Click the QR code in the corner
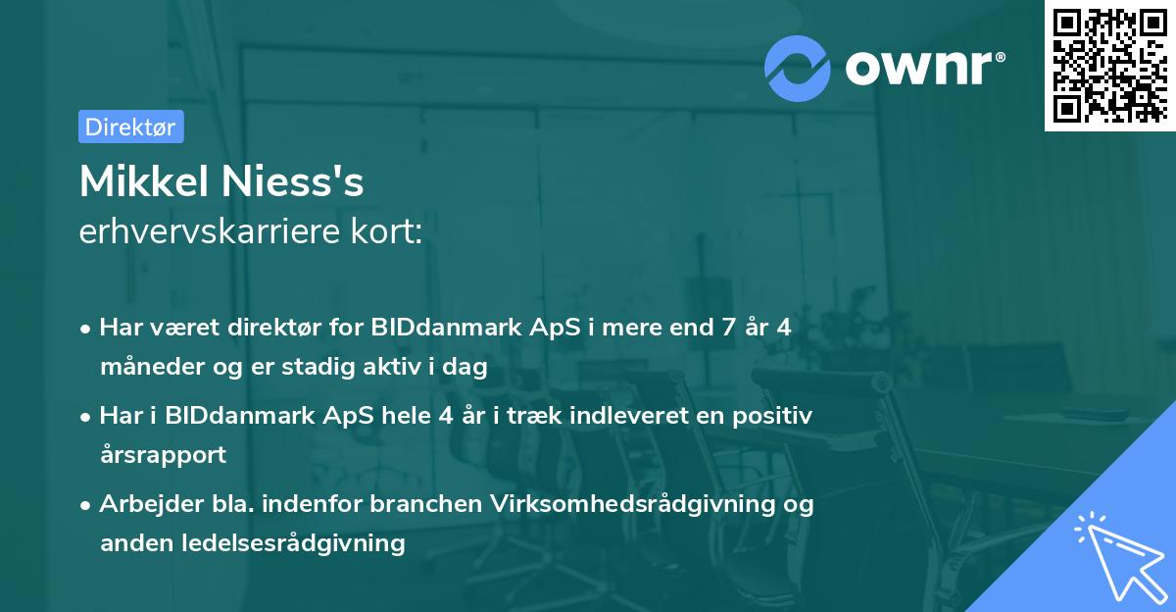click(1110, 66)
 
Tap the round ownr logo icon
click(798, 69)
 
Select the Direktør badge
click(130, 127)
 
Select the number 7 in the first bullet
click(726, 328)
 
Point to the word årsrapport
click(163, 455)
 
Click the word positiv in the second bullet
click(777, 416)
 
